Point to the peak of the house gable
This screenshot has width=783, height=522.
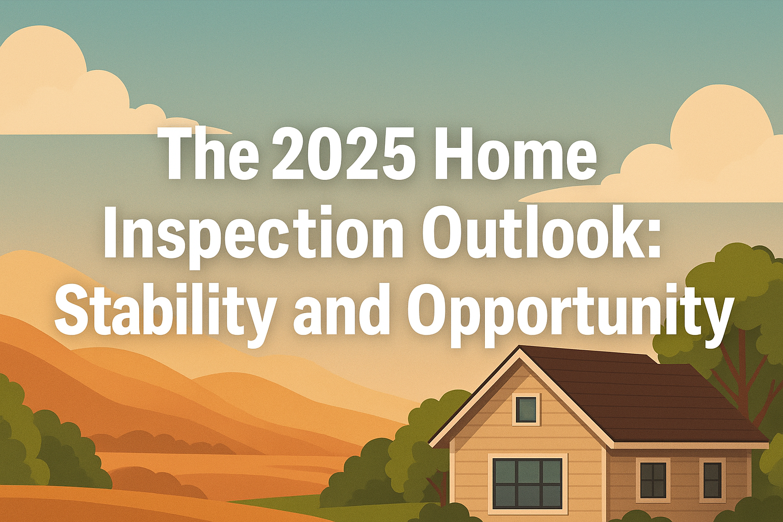tap(519, 347)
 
